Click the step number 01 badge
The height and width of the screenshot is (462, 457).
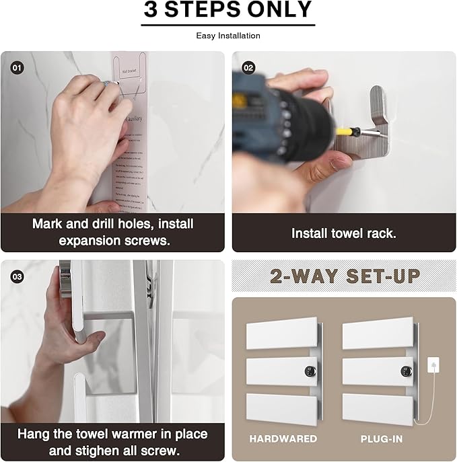tap(16, 67)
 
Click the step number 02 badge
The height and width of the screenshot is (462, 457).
tap(248, 67)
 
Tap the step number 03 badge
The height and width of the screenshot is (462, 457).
tap(16, 276)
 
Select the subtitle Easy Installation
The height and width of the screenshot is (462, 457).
tap(228, 36)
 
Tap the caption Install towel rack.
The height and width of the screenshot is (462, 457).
tap(344, 233)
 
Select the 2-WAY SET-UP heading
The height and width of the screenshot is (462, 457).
tap(345, 276)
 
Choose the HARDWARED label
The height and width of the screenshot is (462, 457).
tap(283, 438)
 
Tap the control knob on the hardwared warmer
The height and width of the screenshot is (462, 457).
tap(309, 371)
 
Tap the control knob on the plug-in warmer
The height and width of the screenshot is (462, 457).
tap(405, 371)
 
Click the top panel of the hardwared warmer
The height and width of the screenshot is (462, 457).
tap(281, 334)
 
